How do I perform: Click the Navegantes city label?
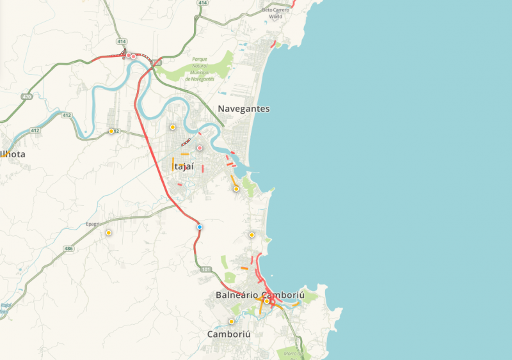(x=243, y=109)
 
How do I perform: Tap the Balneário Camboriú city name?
(x=259, y=295)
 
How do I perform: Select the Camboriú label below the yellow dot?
(x=228, y=334)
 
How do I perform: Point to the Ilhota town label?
(x=12, y=154)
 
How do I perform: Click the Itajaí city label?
(x=183, y=166)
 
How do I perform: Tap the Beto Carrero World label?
(x=276, y=13)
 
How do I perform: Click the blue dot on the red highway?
(x=200, y=227)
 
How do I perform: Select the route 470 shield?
(x=26, y=97)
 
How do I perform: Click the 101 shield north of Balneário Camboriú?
(x=205, y=270)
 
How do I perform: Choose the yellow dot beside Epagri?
(x=109, y=233)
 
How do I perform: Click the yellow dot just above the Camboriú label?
(x=231, y=321)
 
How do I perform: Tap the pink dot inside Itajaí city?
(x=200, y=148)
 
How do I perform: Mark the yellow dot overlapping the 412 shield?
(x=111, y=131)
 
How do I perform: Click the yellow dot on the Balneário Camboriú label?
(x=267, y=301)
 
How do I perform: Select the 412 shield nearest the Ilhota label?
(x=35, y=130)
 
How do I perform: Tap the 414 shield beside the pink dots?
(x=121, y=42)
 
